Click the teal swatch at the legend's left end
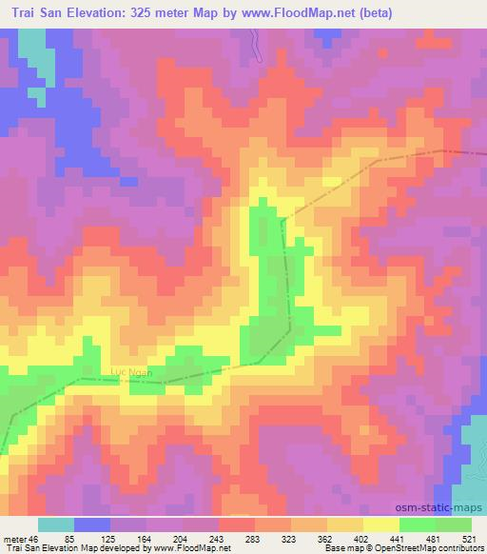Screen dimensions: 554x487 [56, 524]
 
